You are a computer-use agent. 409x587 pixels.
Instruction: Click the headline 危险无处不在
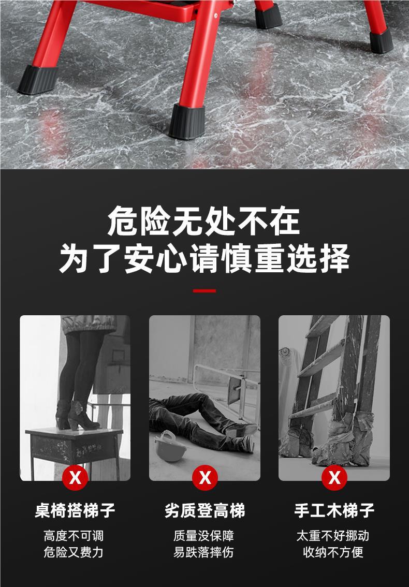pos(204,221)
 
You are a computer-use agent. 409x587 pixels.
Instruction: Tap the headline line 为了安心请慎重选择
pos(204,258)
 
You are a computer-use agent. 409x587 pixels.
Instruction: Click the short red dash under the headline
pos(204,291)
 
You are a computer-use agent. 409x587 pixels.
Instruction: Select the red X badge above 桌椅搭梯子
pos(75,477)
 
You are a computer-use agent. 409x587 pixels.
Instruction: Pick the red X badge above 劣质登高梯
pos(205,477)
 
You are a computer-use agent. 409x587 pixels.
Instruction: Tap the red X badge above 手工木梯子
pos(334,477)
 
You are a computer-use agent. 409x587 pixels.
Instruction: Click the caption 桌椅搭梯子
pos(75,510)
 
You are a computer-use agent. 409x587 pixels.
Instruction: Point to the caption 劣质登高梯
pos(205,510)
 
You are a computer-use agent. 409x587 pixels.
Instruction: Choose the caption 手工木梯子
pos(334,510)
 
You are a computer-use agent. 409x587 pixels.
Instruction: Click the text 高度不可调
pos(74,536)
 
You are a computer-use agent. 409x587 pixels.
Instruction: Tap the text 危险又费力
pos(74,552)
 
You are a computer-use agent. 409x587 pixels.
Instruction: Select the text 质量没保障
pos(203,536)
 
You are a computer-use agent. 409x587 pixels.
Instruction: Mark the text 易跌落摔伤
pos(203,552)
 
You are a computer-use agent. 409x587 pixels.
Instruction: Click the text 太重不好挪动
pos(333,536)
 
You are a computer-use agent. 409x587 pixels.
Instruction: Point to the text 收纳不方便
pos(333,552)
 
